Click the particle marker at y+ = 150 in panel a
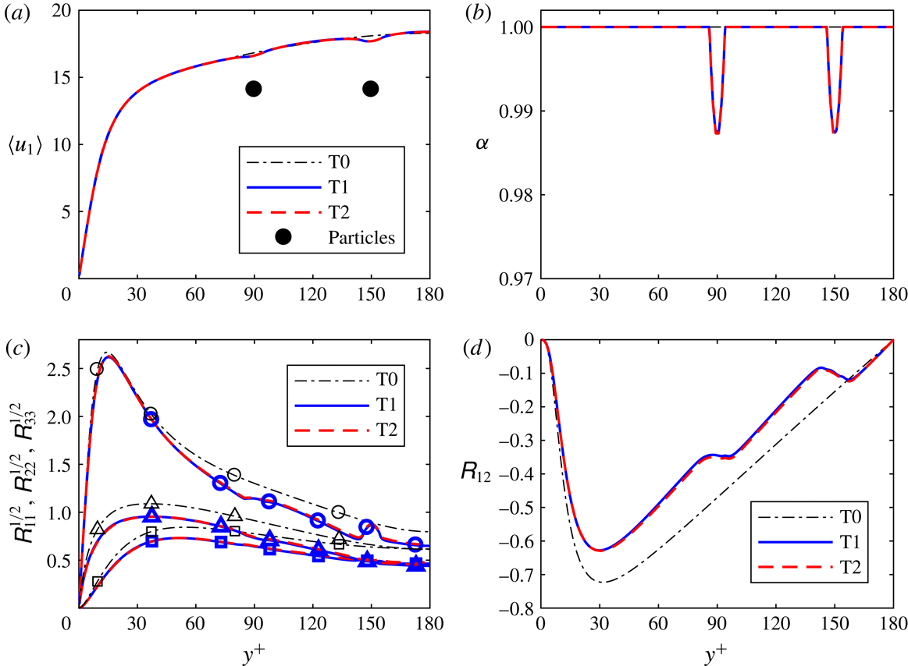coord(371,89)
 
